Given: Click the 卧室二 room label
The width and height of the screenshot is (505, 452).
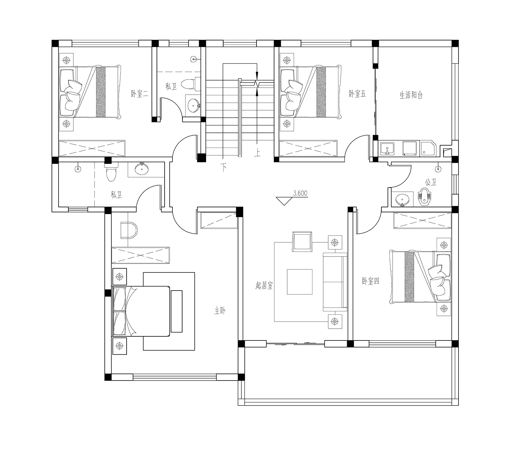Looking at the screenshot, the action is point(140,94).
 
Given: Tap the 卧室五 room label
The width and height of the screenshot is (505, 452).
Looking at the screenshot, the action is point(357,94).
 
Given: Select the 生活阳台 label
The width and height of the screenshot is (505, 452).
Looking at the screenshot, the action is point(411,95).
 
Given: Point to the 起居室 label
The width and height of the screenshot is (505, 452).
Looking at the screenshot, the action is point(264,285).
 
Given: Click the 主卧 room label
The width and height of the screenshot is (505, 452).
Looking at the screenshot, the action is point(220,311).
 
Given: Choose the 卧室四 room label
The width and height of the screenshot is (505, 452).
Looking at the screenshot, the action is point(370,281).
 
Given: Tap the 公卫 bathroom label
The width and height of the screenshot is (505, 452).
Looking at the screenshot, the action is point(431,182).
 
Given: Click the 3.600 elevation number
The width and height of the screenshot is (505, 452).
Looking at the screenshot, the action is point(300,193).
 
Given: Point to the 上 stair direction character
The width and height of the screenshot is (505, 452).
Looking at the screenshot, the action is point(257,153).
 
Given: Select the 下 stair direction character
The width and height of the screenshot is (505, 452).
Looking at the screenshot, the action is point(224,167).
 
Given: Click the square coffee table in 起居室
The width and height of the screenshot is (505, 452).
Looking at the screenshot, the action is point(299,282).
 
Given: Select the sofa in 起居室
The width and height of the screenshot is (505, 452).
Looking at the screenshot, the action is point(335,282).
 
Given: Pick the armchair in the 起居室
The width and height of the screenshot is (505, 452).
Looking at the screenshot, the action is point(302,242).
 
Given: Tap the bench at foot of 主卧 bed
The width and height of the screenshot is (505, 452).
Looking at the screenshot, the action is point(176,311).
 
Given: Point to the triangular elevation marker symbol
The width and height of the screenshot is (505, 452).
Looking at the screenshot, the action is point(284,201).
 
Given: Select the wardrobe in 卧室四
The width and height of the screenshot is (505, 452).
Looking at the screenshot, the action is point(422,220).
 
